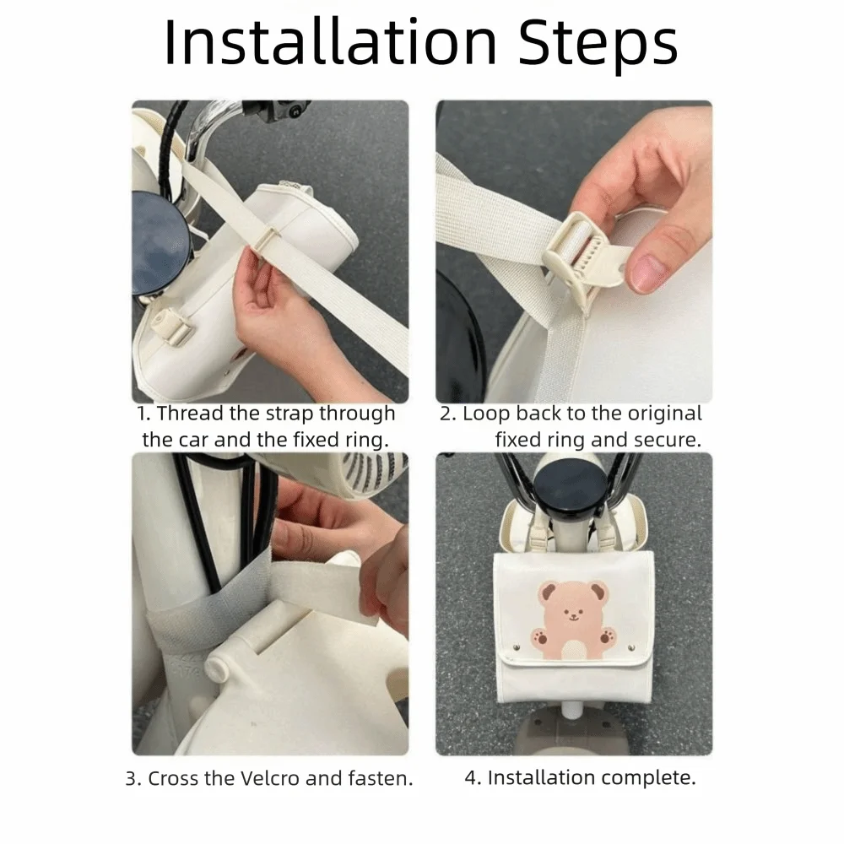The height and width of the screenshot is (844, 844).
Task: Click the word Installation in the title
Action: click(x=331, y=42)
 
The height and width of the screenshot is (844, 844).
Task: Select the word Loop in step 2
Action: click(x=486, y=414)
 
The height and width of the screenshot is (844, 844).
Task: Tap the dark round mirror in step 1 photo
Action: click(x=160, y=243)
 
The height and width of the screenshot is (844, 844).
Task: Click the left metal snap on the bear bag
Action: click(x=517, y=647)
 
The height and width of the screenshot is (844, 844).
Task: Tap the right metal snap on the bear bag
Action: click(x=632, y=647)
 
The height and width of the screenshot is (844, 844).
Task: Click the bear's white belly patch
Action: click(x=574, y=649)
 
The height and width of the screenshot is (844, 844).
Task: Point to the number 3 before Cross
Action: click(x=130, y=778)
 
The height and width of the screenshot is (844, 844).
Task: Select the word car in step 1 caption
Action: click(x=192, y=440)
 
